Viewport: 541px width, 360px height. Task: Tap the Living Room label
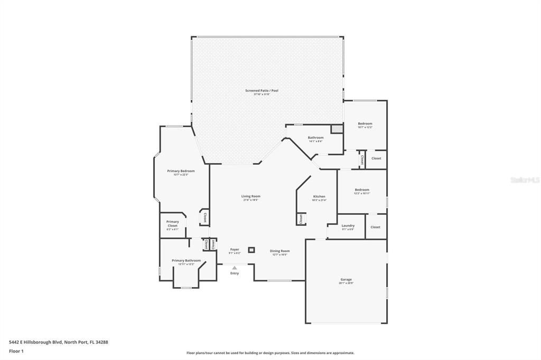click(251, 196)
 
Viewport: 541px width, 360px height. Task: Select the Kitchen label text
click(319, 196)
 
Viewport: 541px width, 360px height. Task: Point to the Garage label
click(346, 280)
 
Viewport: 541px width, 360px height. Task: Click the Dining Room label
click(280, 251)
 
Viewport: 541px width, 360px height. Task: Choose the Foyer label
click(235, 250)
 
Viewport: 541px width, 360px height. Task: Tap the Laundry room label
click(348, 226)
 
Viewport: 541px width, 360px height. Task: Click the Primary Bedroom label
click(181, 171)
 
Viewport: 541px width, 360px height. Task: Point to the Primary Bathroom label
click(186, 261)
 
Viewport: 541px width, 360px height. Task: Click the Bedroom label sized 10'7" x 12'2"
click(365, 124)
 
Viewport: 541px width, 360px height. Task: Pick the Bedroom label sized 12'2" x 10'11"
click(362, 190)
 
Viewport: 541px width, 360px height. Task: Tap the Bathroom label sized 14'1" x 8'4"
click(316, 138)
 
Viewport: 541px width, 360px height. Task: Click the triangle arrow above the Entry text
click(235, 268)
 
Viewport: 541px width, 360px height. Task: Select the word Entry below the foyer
click(235, 273)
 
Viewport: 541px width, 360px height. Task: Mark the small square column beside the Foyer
click(251, 249)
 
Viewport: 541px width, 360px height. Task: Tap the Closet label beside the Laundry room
click(375, 227)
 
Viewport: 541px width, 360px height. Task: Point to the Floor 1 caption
click(16, 351)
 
